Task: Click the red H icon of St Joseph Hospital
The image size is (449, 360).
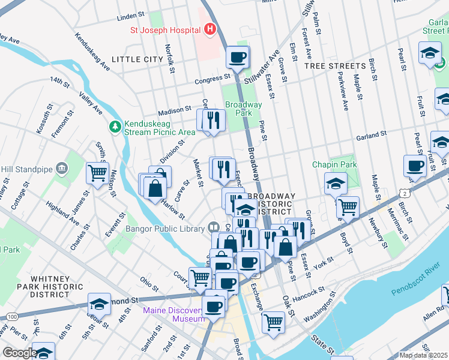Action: (209, 29)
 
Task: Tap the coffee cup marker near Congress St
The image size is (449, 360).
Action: (237, 58)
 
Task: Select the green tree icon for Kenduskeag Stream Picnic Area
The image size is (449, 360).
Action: (115, 127)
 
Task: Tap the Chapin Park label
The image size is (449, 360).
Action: (334, 164)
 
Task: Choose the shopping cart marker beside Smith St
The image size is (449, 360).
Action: (97, 173)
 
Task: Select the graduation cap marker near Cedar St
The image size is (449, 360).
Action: (99, 304)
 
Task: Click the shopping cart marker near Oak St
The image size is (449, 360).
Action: (274, 322)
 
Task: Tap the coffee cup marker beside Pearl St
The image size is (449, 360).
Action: (415, 165)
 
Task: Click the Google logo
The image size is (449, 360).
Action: (19, 353)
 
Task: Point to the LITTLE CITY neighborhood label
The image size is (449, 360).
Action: (137, 59)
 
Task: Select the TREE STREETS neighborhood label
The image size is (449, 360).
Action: (335, 66)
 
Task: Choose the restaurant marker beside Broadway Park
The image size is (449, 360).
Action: (213, 120)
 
